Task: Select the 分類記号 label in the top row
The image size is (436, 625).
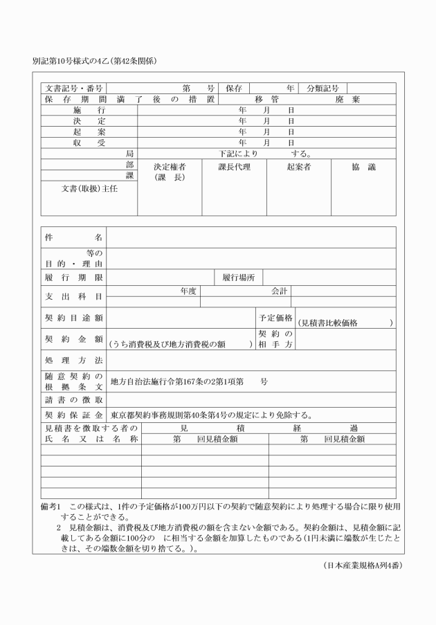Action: (323, 89)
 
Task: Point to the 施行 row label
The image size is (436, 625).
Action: (89, 110)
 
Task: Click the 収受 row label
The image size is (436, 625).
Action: (89, 142)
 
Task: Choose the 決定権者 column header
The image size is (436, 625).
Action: (169, 167)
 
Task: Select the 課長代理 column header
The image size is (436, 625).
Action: (234, 167)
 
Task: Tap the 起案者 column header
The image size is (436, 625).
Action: (298, 167)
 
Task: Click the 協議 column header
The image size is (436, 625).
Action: (363, 167)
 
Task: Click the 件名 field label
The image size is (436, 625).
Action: (73, 237)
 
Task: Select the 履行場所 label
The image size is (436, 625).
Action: (239, 277)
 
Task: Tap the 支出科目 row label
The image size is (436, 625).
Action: (73, 296)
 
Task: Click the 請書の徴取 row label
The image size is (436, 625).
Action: (73, 400)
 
